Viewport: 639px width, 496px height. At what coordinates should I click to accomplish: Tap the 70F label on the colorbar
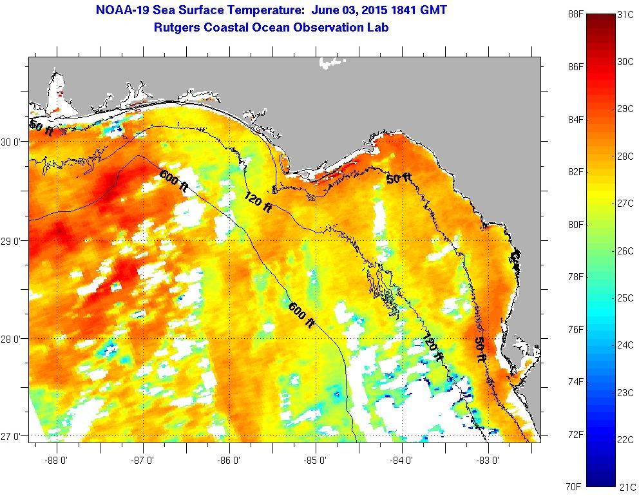[x=558, y=487]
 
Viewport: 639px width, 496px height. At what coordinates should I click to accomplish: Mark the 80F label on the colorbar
[x=558, y=225]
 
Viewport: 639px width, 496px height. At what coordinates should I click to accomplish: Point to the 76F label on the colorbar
[x=558, y=330]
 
